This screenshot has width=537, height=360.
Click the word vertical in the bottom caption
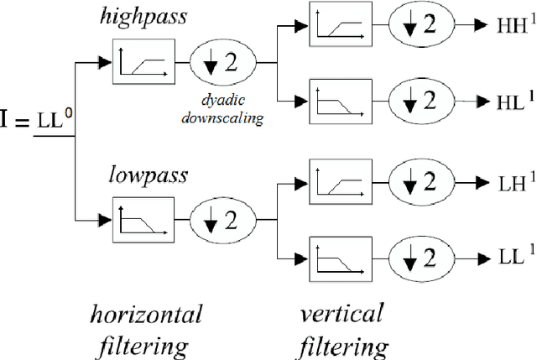[341, 315]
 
